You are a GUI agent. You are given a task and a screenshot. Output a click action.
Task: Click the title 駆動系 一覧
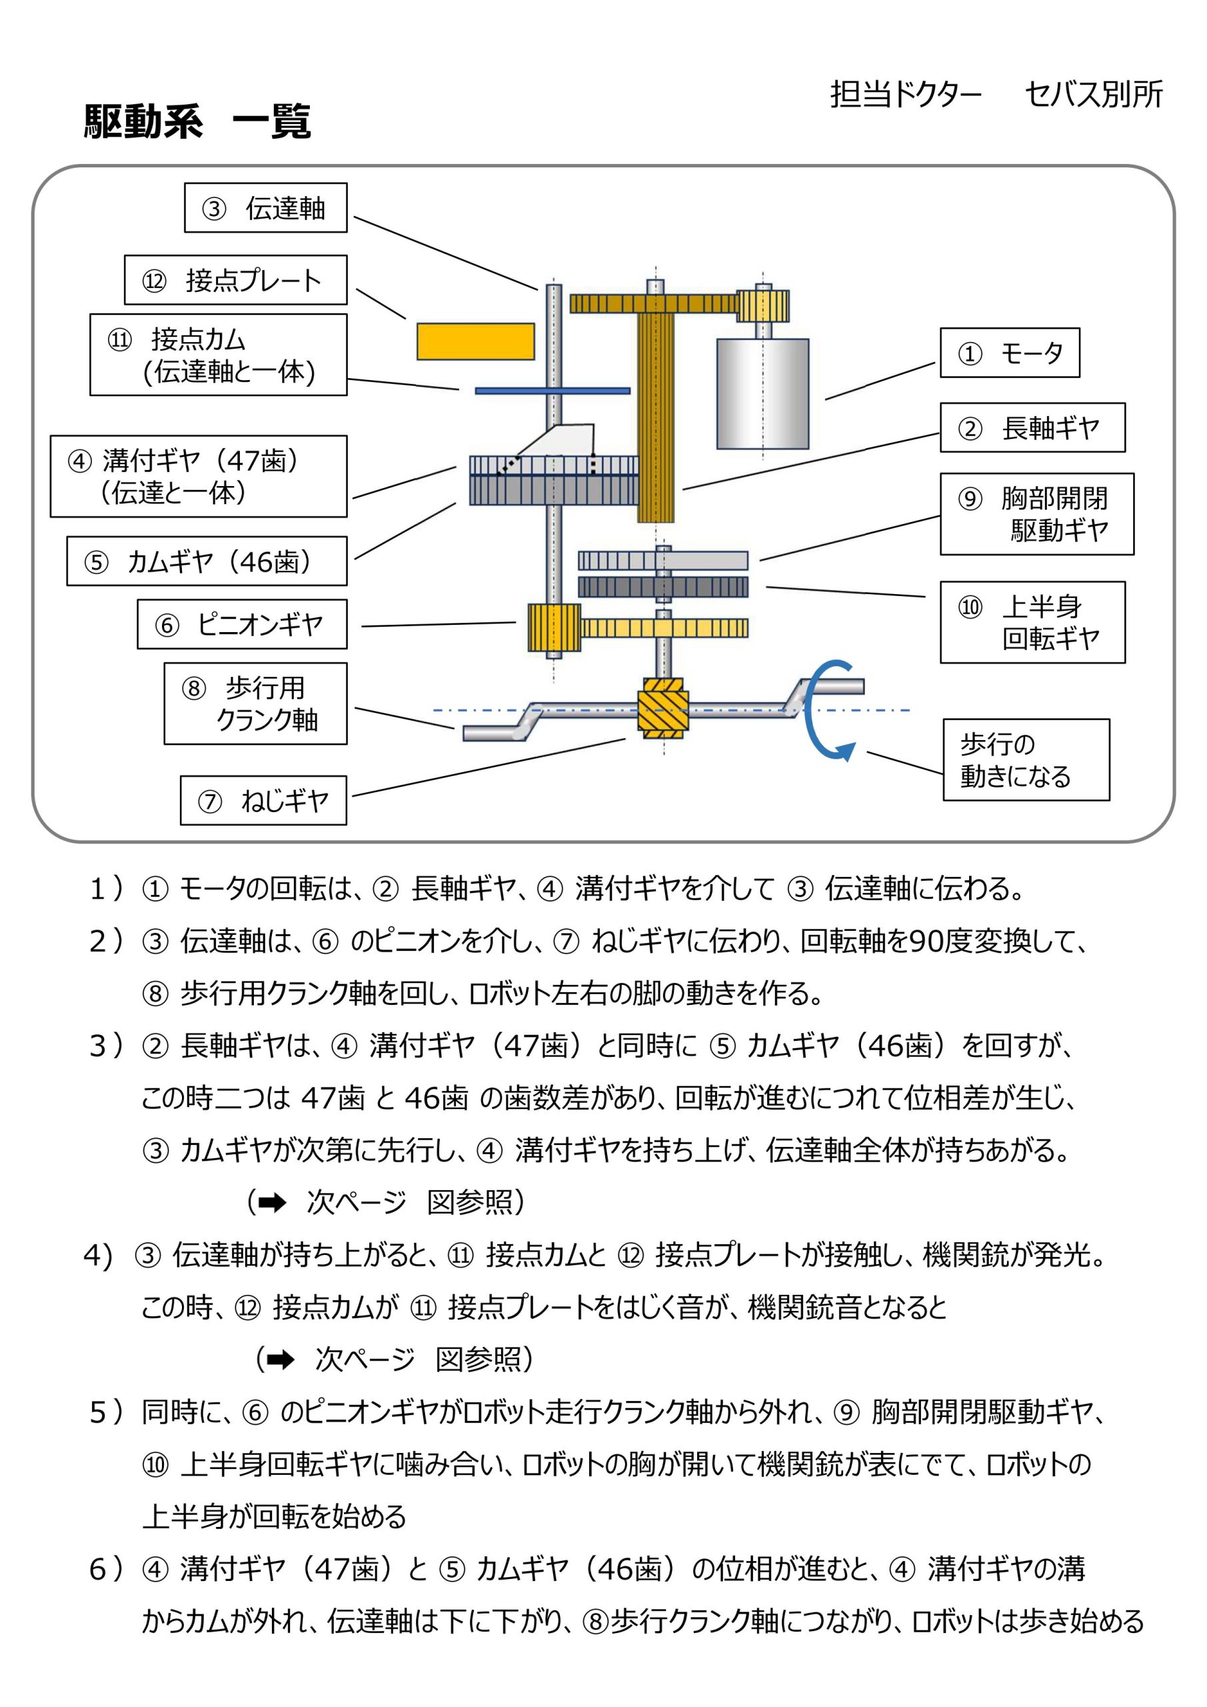click(x=197, y=121)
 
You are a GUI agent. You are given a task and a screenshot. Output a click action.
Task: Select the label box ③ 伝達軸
click(x=265, y=208)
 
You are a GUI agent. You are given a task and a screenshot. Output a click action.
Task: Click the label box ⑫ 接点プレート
click(x=236, y=280)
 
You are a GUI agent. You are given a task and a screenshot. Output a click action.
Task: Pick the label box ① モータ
click(x=1009, y=353)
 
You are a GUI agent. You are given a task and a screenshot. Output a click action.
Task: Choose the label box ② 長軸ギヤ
click(x=1032, y=428)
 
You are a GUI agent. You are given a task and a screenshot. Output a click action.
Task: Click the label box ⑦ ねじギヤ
click(x=263, y=801)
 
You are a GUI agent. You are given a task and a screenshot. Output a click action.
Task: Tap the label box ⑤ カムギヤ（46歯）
click(x=207, y=561)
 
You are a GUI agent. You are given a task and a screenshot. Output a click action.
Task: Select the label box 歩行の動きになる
click(x=1026, y=760)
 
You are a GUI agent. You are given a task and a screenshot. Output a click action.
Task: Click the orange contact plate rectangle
click(x=475, y=342)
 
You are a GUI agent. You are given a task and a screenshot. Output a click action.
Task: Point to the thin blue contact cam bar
click(x=553, y=390)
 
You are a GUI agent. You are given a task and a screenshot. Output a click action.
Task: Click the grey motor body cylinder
click(x=762, y=394)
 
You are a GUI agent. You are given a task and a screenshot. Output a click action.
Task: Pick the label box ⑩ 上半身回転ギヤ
click(x=1032, y=622)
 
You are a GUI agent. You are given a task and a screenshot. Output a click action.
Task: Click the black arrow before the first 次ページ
click(x=272, y=1203)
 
